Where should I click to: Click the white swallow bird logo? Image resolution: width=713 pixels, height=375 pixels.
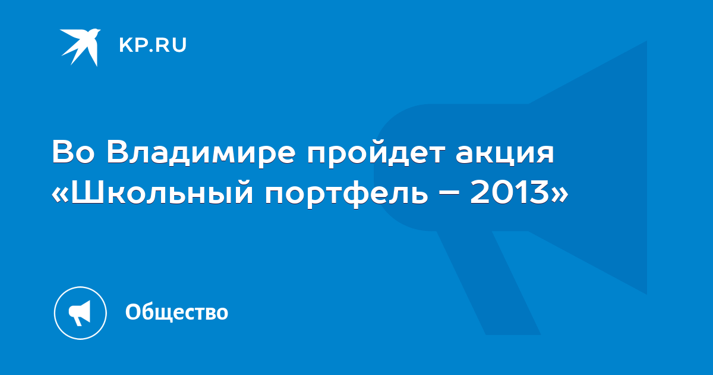point(80,47)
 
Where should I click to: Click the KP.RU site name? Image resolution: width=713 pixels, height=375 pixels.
point(153,45)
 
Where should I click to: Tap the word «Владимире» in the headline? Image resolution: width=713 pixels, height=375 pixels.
point(201,152)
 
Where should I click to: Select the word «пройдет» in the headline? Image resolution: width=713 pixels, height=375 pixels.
point(376,152)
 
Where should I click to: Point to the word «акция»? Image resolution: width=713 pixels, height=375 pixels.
point(505,154)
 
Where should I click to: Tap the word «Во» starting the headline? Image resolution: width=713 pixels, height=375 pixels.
point(73,152)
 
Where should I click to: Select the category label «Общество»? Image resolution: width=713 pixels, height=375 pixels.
point(176,312)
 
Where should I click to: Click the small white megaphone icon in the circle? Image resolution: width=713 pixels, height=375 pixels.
point(80,313)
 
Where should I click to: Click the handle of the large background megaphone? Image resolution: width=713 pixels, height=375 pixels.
point(488,283)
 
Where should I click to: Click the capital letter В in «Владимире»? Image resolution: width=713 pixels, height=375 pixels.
point(118,152)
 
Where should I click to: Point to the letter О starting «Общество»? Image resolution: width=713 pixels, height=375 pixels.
point(133,312)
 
